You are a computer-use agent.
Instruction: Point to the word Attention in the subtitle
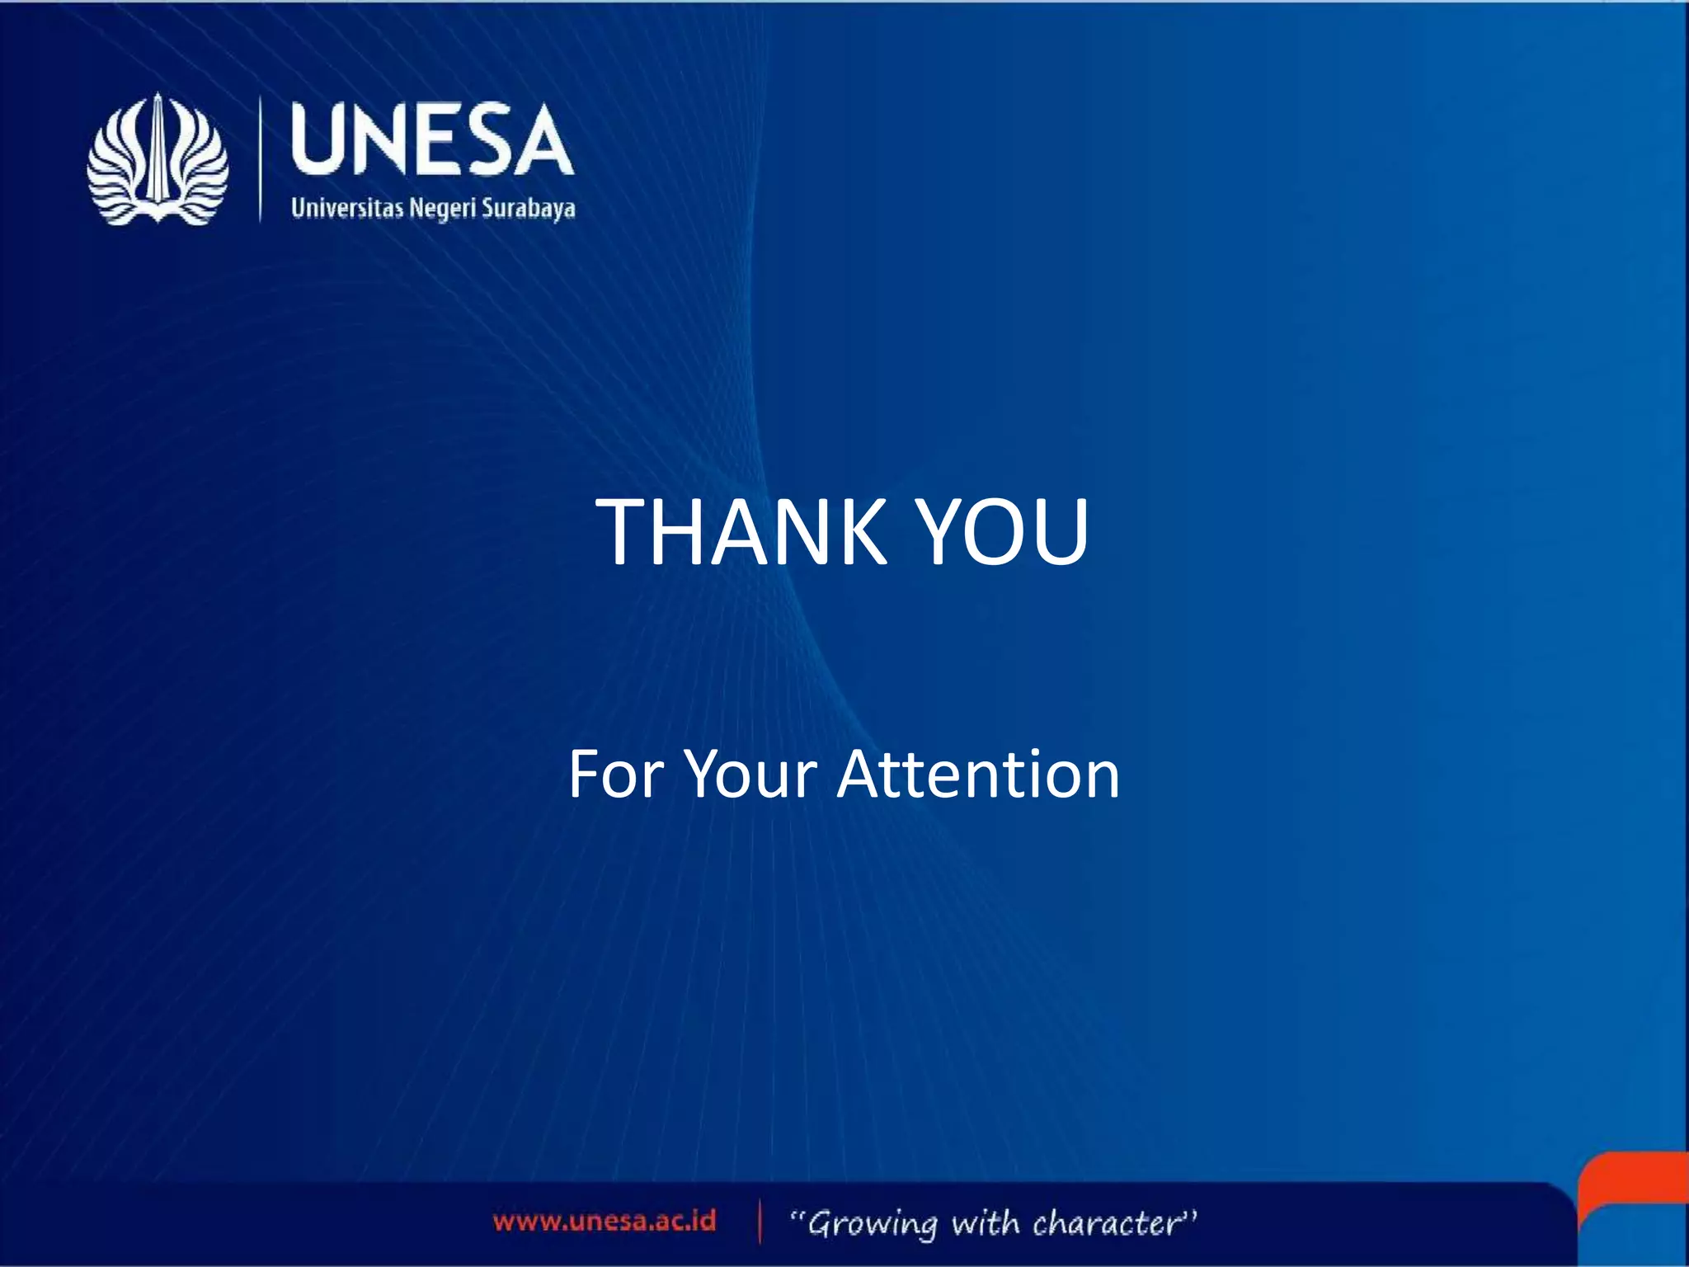[978, 775]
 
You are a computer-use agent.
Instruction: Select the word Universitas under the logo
[347, 207]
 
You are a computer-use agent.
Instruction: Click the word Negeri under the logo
[443, 209]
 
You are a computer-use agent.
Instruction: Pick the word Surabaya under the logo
[529, 208]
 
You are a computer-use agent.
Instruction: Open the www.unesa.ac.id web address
[605, 1221]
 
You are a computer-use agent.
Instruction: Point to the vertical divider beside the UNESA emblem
[261, 159]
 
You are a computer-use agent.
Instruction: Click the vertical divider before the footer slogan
[760, 1222]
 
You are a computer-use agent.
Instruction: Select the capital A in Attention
[863, 775]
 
